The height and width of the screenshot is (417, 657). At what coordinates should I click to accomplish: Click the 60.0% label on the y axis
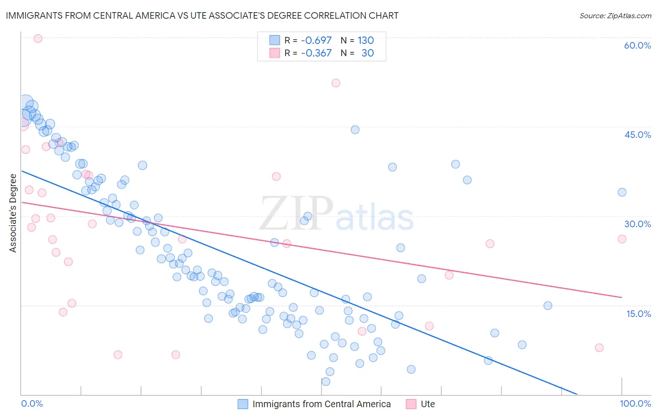(x=637, y=45)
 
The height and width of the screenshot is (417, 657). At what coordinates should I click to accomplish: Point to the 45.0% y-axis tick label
(x=637, y=135)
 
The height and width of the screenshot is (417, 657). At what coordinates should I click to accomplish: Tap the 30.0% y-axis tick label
(x=637, y=224)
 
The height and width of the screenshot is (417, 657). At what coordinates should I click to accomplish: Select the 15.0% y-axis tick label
(x=638, y=314)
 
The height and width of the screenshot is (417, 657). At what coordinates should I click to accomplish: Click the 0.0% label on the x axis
(x=32, y=403)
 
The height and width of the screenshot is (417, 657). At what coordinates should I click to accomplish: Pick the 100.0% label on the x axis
(x=635, y=403)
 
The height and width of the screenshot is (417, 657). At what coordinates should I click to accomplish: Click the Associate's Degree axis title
(x=13, y=213)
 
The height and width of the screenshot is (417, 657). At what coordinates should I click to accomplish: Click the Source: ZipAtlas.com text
(x=615, y=16)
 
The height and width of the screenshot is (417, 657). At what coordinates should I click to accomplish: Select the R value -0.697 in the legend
(x=316, y=40)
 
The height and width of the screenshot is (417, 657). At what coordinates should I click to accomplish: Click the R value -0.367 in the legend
(x=316, y=53)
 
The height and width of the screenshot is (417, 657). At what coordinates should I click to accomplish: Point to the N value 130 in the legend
(x=365, y=40)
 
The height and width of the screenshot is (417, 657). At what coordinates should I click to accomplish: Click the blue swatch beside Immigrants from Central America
(x=243, y=404)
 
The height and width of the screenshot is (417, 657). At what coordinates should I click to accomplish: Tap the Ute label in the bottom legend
(x=428, y=404)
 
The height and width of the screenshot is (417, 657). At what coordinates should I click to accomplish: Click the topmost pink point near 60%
(x=38, y=38)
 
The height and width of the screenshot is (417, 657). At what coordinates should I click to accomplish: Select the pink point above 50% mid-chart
(x=336, y=83)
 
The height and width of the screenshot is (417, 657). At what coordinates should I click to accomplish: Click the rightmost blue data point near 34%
(x=621, y=192)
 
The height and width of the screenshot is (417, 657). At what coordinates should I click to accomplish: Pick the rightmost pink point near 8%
(x=599, y=347)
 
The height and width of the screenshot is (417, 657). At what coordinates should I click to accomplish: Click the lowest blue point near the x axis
(x=326, y=381)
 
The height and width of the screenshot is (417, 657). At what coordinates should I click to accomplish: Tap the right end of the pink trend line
(x=621, y=297)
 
